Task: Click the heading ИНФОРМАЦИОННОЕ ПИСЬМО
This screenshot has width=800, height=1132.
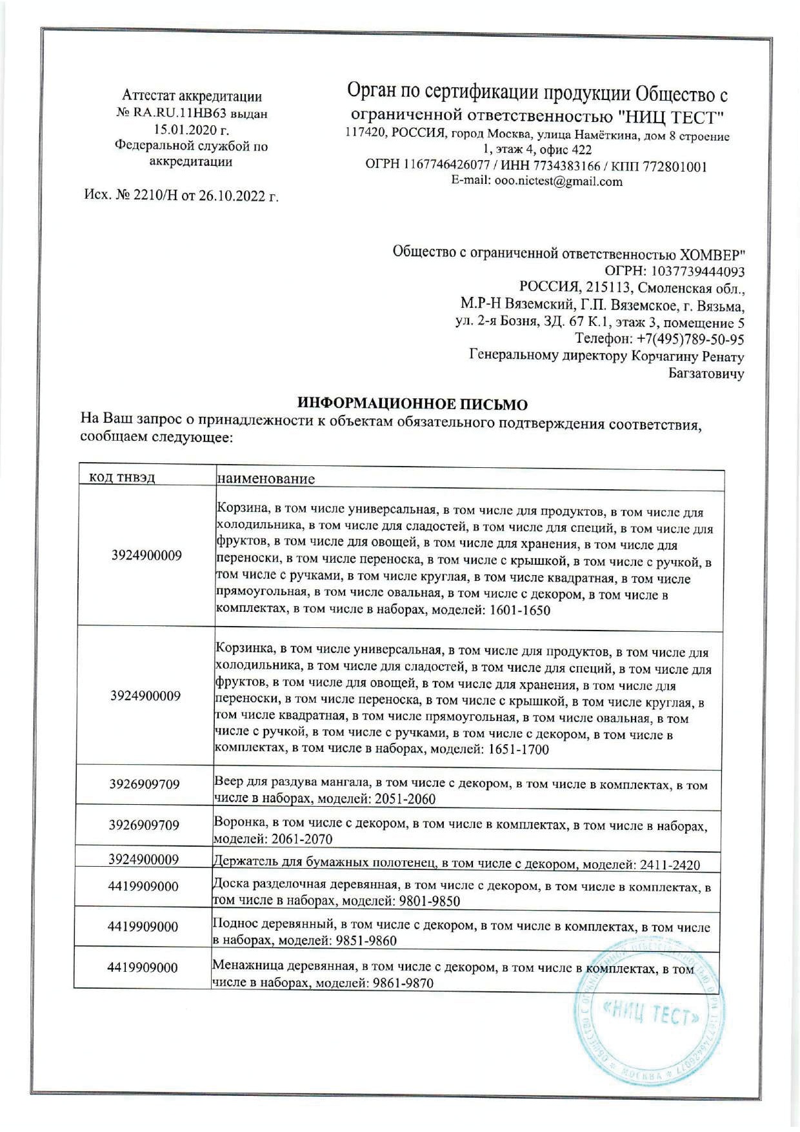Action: click(412, 405)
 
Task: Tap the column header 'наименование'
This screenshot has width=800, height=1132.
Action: click(266, 478)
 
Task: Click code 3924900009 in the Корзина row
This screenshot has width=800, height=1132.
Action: click(146, 555)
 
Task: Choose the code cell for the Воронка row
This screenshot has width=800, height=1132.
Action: click(144, 825)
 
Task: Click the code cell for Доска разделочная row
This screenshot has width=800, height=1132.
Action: click(143, 886)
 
